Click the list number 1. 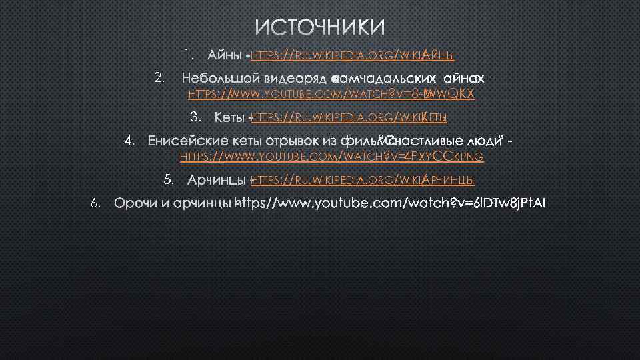coord(189,53)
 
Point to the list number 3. coord(196,117)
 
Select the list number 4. coord(130,141)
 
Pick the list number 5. coord(169,179)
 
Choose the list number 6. coord(96,202)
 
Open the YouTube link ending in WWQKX coord(331,94)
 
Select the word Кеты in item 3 coord(229,118)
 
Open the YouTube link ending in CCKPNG coord(332,157)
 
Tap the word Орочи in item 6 coord(133,203)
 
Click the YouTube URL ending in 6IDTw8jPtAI coord(391,203)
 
